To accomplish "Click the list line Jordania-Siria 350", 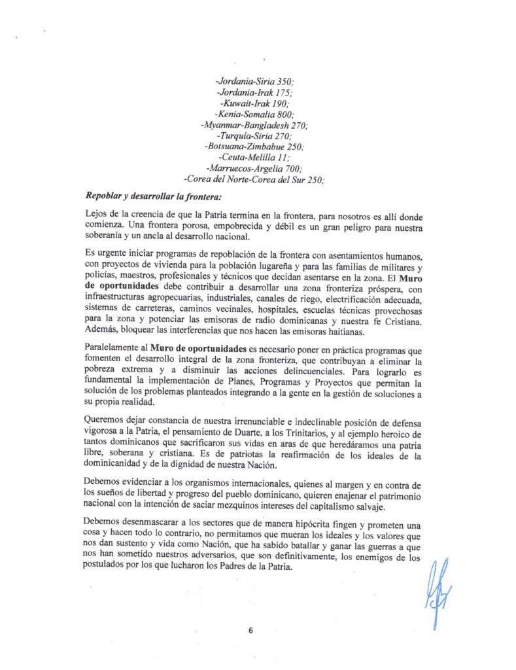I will [x=254, y=82].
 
